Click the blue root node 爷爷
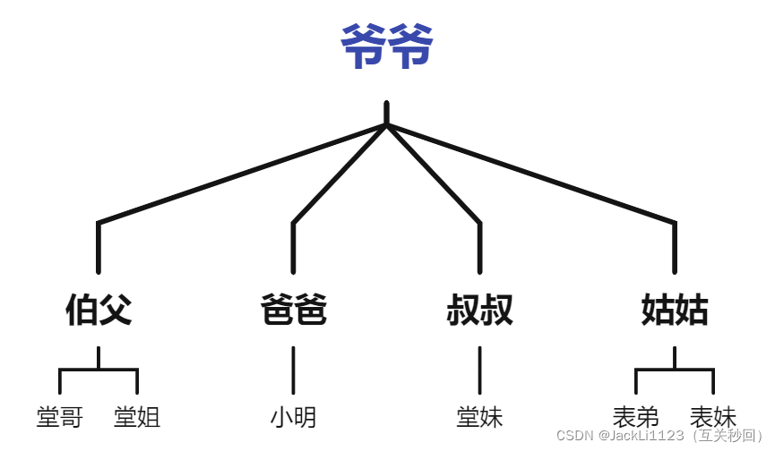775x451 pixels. tap(387, 47)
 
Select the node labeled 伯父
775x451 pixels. tap(99, 311)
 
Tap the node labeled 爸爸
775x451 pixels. tap(293, 311)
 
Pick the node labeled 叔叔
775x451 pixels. tap(479, 311)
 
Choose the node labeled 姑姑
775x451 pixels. tap(675, 311)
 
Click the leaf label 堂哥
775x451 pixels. tap(60, 417)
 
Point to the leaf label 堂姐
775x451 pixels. tap(137, 417)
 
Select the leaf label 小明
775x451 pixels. tap(293, 417)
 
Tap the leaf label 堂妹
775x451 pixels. tap(479, 417)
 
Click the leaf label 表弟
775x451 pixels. tap(636, 417)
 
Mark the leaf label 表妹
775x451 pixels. tap(713, 417)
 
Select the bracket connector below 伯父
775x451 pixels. tap(99, 369)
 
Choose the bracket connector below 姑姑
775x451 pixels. tap(675, 369)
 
